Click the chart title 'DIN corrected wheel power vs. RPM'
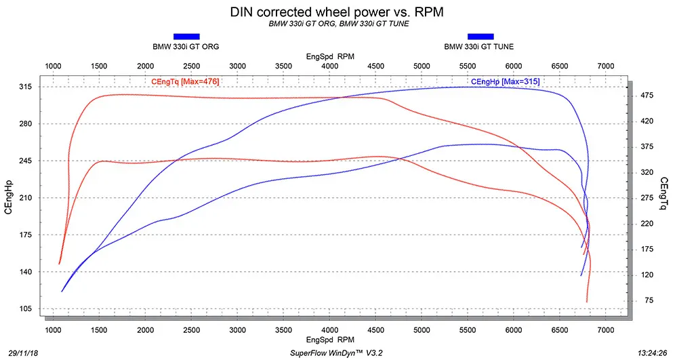337,12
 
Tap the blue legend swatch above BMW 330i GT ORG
186,37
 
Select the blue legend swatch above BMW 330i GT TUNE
480,37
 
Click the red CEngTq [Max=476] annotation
185,81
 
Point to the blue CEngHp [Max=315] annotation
505,81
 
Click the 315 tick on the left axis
26,87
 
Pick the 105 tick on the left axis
26,308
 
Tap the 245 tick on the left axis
26,161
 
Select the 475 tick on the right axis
647,95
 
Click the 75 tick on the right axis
649,300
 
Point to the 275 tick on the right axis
647,198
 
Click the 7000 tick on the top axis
606,66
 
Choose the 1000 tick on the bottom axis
53,330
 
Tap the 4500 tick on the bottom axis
376,330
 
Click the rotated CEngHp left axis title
9,197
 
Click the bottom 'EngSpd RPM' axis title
330,340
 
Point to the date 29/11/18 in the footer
23,353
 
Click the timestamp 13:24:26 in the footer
653,353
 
